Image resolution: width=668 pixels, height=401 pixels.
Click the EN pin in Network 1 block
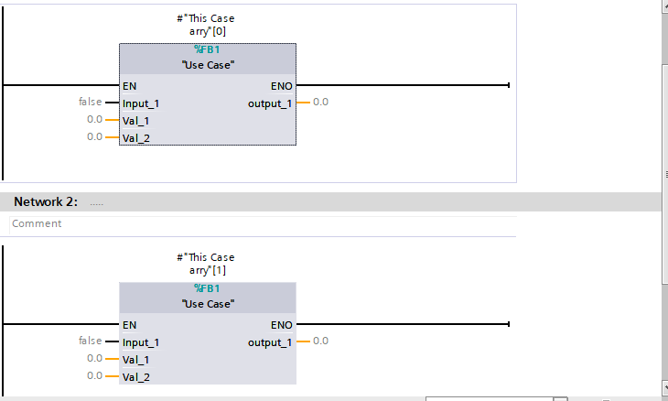click(130, 86)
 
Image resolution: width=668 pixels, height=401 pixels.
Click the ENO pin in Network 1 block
click(282, 86)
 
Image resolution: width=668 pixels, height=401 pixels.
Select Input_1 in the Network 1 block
click(141, 103)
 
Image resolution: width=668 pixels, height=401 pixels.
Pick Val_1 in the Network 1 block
click(135, 120)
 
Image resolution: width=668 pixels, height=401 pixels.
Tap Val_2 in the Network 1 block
click(135, 137)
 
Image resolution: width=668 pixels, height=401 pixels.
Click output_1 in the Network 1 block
click(270, 103)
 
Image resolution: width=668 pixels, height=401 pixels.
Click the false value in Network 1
click(91, 102)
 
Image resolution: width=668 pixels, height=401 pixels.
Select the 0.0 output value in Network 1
click(320, 102)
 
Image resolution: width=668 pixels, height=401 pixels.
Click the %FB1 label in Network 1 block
click(208, 49)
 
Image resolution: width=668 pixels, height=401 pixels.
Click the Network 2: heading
click(46, 201)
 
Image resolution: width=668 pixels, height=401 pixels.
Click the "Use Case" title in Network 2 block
click(208, 304)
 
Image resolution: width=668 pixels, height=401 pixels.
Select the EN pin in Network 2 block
click(130, 325)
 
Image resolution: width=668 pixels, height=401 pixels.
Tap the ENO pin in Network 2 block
click(282, 325)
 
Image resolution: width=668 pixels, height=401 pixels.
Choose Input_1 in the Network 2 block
click(141, 342)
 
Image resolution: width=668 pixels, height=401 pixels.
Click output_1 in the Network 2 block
click(270, 342)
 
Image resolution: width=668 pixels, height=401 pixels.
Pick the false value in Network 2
click(91, 341)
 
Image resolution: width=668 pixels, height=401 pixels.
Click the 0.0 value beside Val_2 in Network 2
click(95, 375)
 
